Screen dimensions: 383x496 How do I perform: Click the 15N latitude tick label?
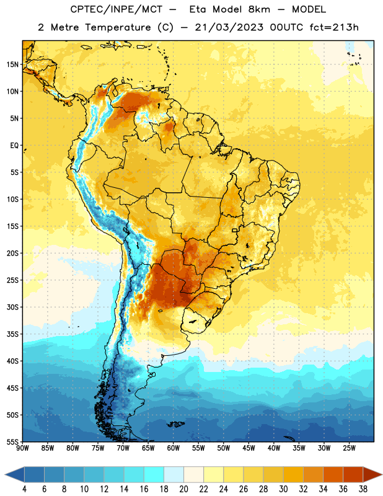click(12, 64)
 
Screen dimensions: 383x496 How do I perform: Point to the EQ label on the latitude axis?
click(14, 146)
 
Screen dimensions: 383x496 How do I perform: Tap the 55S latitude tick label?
click(12, 441)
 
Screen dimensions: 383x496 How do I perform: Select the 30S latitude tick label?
click(12, 307)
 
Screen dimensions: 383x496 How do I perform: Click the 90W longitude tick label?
click(22, 448)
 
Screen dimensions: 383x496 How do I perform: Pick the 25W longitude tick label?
click(349, 448)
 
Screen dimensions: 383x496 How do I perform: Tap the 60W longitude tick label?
click(174, 448)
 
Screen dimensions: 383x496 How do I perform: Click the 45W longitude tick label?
click(249, 448)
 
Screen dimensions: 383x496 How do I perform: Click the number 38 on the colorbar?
click(363, 489)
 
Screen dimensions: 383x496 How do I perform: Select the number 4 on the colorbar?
click(24, 489)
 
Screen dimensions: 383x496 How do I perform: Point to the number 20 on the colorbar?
click(183, 489)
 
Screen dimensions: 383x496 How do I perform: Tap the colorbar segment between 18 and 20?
click(174, 474)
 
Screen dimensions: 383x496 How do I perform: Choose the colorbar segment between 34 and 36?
click(333, 474)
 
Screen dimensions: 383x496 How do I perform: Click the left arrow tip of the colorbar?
click(5, 474)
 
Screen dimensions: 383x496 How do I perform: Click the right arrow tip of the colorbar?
click(382, 474)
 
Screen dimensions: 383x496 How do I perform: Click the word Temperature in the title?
click(118, 27)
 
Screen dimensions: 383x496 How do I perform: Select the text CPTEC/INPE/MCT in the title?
click(116, 9)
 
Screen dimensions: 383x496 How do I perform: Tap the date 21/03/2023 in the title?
click(229, 27)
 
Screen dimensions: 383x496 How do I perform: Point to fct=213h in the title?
click(334, 27)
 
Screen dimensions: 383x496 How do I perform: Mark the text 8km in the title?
click(259, 9)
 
